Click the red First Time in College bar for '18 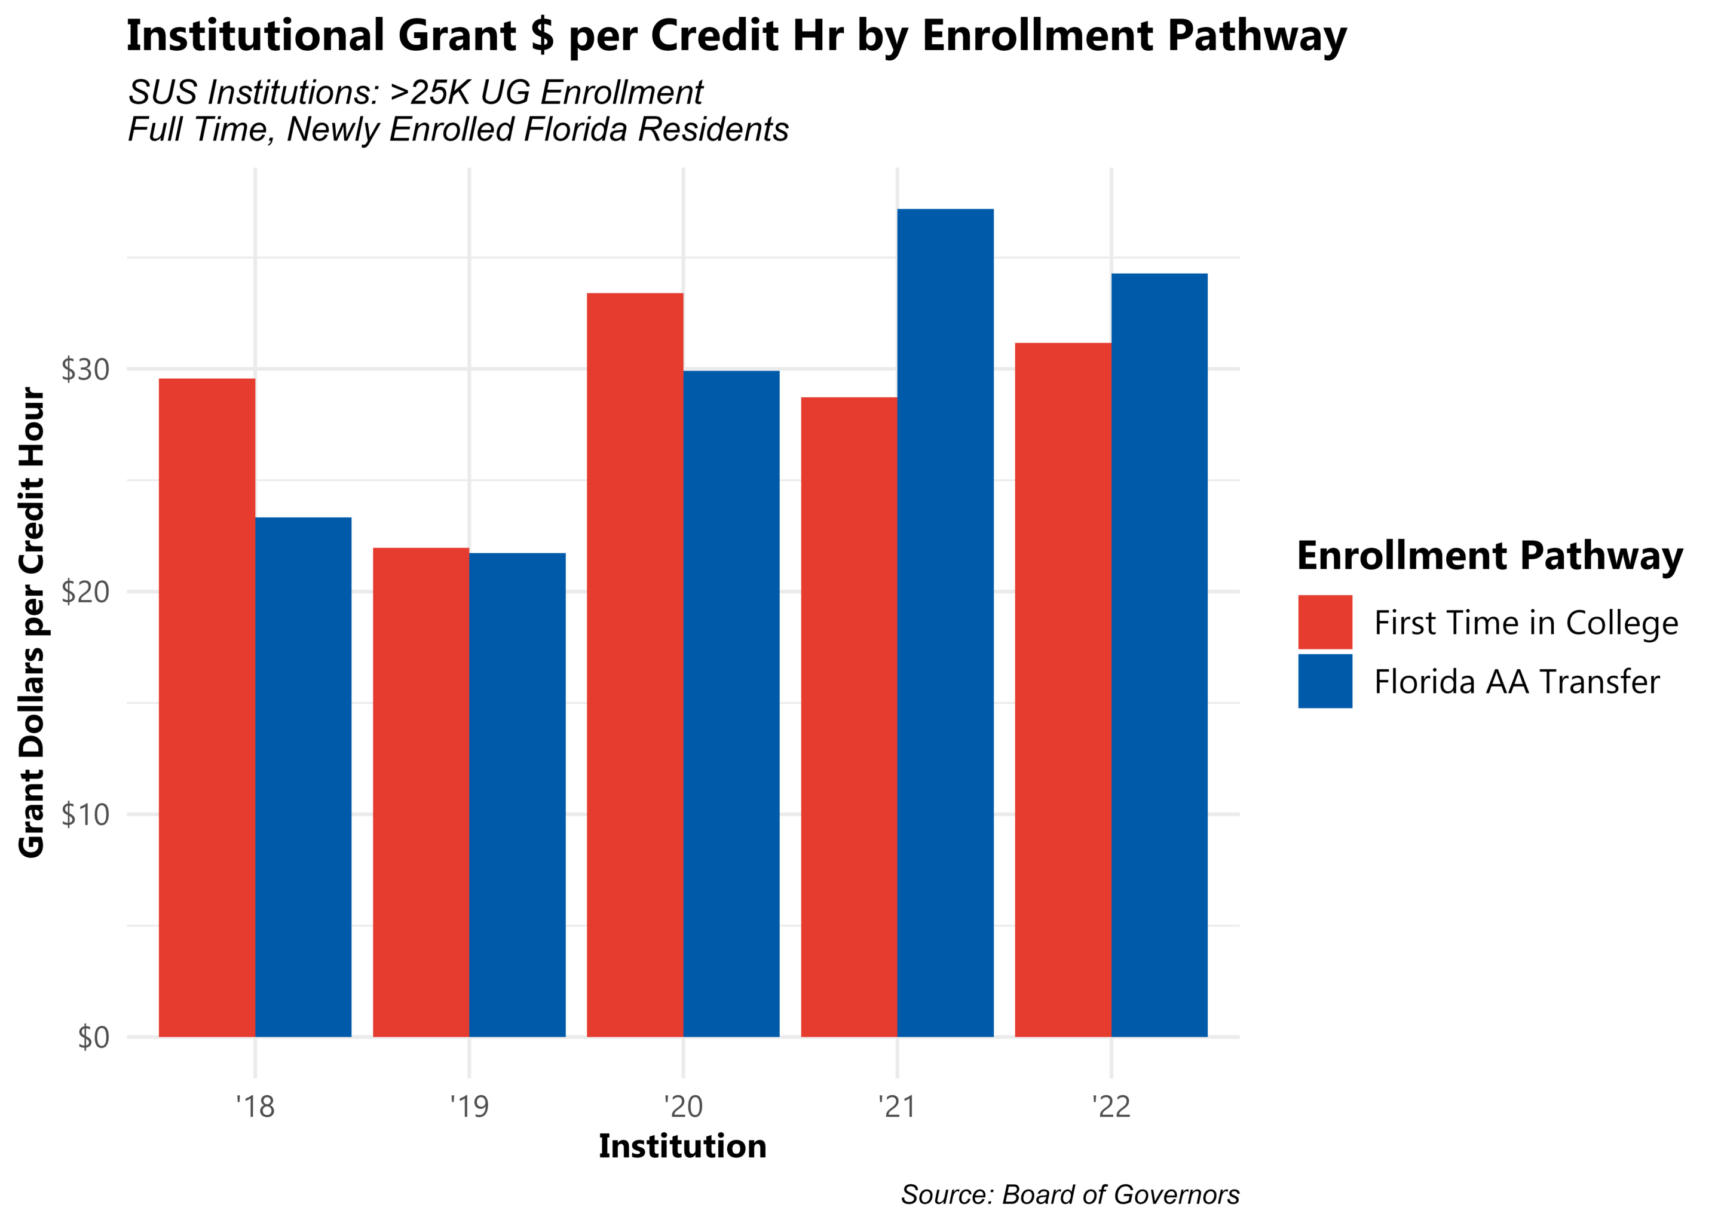[x=207, y=707]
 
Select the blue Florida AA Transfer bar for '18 [x=303, y=777]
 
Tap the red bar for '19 [x=421, y=792]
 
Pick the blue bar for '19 [x=517, y=795]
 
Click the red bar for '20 [x=635, y=664]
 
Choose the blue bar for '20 [x=731, y=704]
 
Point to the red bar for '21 [x=849, y=716]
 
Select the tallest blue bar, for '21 [x=945, y=623]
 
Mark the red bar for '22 [x=1062, y=689]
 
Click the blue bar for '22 [x=1159, y=655]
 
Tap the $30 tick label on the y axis [x=85, y=370]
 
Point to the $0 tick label [x=94, y=1038]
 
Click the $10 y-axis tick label [x=85, y=815]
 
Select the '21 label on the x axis [x=897, y=1107]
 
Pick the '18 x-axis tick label [x=255, y=1107]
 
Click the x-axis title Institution [x=682, y=1147]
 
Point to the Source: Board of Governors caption [x=1070, y=1195]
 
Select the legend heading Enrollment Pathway [x=1489, y=556]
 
